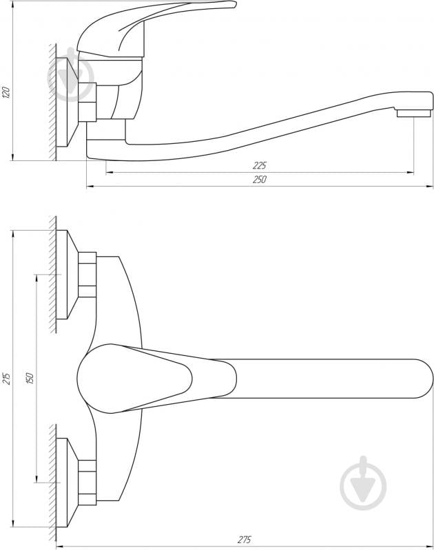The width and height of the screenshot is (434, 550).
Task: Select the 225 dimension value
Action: (x=259, y=166)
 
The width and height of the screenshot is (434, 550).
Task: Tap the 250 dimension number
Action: (x=259, y=179)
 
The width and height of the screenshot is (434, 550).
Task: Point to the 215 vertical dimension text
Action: (x=7, y=378)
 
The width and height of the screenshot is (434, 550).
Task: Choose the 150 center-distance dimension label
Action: (x=30, y=378)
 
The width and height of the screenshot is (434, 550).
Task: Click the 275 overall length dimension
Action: (x=244, y=540)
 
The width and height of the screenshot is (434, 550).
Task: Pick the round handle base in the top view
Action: (x=103, y=379)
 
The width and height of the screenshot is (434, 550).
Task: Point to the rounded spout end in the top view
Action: (x=413, y=379)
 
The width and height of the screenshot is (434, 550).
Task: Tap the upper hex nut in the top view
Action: (x=87, y=275)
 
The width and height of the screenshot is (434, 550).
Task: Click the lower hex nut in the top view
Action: (x=87, y=482)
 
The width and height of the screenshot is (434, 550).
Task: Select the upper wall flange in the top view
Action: (x=63, y=275)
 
